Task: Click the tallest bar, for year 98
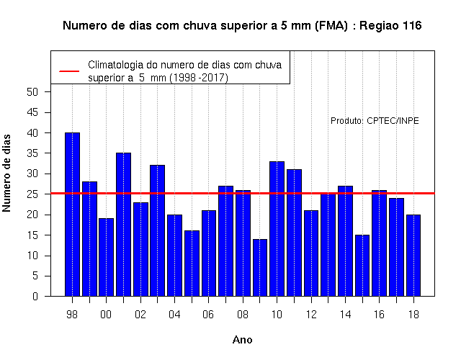tap(72, 215)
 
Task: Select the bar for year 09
tap(260, 267)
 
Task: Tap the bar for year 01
tap(123, 224)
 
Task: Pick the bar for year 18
tap(413, 256)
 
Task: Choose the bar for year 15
tap(362, 266)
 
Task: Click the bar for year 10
tap(277, 229)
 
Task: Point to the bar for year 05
tap(192, 264)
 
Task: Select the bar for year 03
tap(157, 230)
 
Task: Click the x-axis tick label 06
tap(208, 315)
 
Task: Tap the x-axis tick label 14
tap(345, 315)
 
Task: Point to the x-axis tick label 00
tap(106, 315)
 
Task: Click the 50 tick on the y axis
tap(32, 92)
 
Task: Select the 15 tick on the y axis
tap(32, 235)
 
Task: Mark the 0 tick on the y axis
tap(35, 296)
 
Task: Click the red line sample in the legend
tap(69, 71)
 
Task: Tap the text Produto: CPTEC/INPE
tap(375, 121)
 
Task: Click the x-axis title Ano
tap(242, 340)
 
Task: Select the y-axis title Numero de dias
tap(6, 174)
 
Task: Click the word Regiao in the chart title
tap(379, 26)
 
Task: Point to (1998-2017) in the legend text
tap(199, 78)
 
